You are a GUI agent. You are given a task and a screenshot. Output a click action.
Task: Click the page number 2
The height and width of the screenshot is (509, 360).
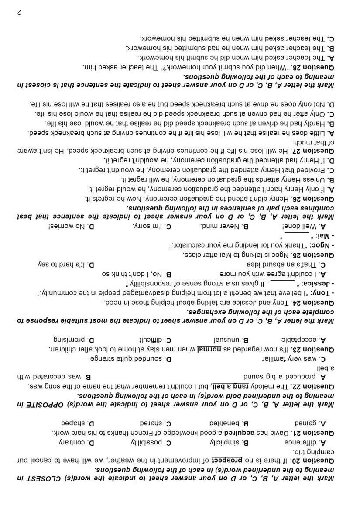[x=19, y=12]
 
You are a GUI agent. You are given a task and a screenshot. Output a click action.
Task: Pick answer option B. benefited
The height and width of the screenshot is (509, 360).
[x=227, y=423]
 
